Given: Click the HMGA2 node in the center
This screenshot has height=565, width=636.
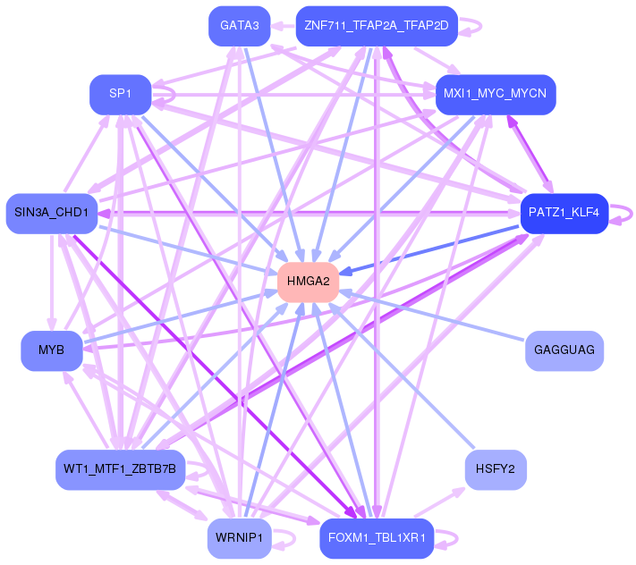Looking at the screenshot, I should point(309,282).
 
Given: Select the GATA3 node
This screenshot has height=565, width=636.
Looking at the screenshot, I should point(239,25).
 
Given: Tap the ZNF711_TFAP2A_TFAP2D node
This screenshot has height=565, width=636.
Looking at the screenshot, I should point(376,25).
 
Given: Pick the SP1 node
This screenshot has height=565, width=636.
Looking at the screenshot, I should point(120,94).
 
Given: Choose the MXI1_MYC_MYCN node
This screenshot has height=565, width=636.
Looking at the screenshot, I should point(495,94).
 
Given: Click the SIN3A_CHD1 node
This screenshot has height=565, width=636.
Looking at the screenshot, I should point(51,213).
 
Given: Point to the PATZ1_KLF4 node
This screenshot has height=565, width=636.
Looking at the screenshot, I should point(564,213).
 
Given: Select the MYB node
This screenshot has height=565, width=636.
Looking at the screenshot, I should point(52,350).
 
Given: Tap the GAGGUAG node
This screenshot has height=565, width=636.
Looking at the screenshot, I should point(564,350).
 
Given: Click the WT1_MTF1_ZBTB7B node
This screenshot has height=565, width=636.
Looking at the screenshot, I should point(120,468).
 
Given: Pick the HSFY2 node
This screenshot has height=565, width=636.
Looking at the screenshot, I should point(495,468).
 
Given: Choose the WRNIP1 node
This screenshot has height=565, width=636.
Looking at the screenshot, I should point(239,537).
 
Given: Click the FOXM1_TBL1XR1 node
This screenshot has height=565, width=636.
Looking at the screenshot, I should point(376,537).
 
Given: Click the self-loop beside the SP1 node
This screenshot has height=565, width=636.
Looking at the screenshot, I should point(168,94).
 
